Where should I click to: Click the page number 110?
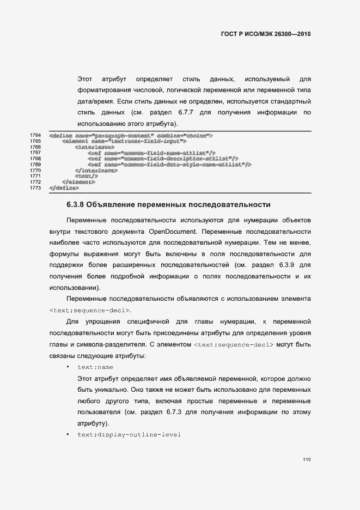(307, 460)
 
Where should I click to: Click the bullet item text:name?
(95, 367)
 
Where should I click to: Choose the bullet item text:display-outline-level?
(129, 435)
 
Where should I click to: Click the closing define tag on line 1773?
(64, 188)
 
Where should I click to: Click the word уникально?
(121, 390)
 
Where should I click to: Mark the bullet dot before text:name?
(67, 367)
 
